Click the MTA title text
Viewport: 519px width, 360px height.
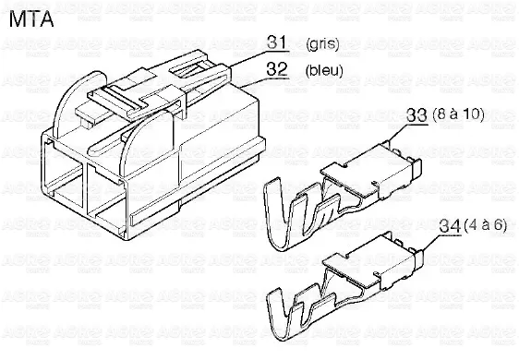click(x=31, y=19)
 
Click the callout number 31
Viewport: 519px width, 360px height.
click(x=277, y=42)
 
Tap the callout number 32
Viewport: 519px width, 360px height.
click(x=277, y=69)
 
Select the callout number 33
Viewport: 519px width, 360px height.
click(x=416, y=115)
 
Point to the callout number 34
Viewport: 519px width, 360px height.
click(x=450, y=227)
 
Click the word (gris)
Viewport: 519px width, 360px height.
click(x=322, y=43)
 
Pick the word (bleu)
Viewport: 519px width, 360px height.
click(x=324, y=70)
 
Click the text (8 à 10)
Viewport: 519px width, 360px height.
click(x=458, y=114)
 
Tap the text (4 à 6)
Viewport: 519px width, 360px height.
click(x=485, y=225)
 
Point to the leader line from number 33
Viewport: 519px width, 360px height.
click(x=407, y=131)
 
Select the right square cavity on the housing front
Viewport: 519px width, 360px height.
click(x=106, y=201)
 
